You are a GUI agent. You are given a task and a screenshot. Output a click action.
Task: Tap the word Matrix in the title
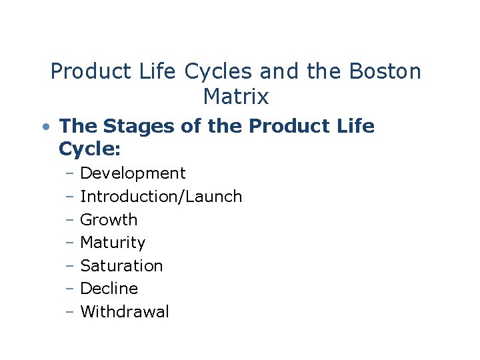pyautogui.click(x=236, y=97)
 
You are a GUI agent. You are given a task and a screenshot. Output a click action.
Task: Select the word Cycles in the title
pyautogui.click(x=214, y=71)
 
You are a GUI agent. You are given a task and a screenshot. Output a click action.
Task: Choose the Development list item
pyautogui.click(x=133, y=173)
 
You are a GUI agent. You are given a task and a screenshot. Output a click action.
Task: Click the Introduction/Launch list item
pyautogui.click(x=161, y=197)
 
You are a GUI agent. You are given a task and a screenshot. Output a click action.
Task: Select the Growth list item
pyautogui.click(x=109, y=220)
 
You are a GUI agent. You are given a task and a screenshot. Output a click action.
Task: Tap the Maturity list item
pyautogui.click(x=113, y=243)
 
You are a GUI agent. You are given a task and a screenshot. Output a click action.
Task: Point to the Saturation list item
pyautogui.click(x=121, y=266)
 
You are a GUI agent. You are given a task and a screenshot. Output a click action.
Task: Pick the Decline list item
pyautogui.click(x=109, y=289)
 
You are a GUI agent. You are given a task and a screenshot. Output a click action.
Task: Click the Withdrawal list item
pyautogui.click(x=125, y=312)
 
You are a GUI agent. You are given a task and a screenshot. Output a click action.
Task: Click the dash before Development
pyautogui.click(x=70, y=174)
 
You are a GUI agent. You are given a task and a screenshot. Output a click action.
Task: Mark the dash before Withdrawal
pyautogui.click(x=70, y=312)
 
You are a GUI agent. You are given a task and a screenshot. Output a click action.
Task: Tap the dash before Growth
pyautogui.click(x=70, y=220)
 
